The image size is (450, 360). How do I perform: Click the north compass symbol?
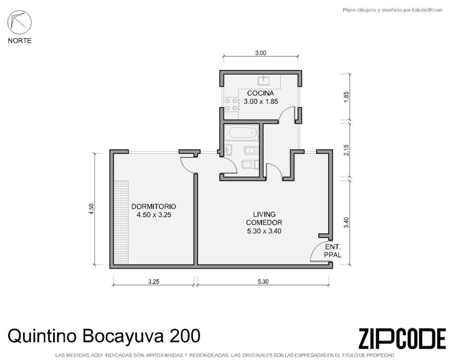point(19,23)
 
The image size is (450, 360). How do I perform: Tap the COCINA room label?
point(260,93)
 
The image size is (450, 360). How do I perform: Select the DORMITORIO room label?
point(154,206)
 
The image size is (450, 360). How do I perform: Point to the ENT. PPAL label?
point(333,251)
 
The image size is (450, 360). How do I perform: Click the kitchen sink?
point(264,81)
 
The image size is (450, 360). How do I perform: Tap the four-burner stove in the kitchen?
point(231,104)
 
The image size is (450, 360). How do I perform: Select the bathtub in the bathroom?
point(243,133)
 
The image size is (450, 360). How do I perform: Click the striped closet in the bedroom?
point(121,222)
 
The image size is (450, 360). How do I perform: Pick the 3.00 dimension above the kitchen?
point(260,53)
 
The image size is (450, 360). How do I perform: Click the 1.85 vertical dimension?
point(346,97)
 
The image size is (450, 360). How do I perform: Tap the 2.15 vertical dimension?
point(346,150)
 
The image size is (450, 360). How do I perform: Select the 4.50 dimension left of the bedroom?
point(91,209)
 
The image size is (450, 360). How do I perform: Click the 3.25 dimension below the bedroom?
point(154,282)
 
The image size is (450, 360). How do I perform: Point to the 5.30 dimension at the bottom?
point(263,282)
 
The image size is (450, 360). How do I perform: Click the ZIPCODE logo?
point(402,339)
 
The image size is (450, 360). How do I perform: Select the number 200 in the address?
point(185,336)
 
